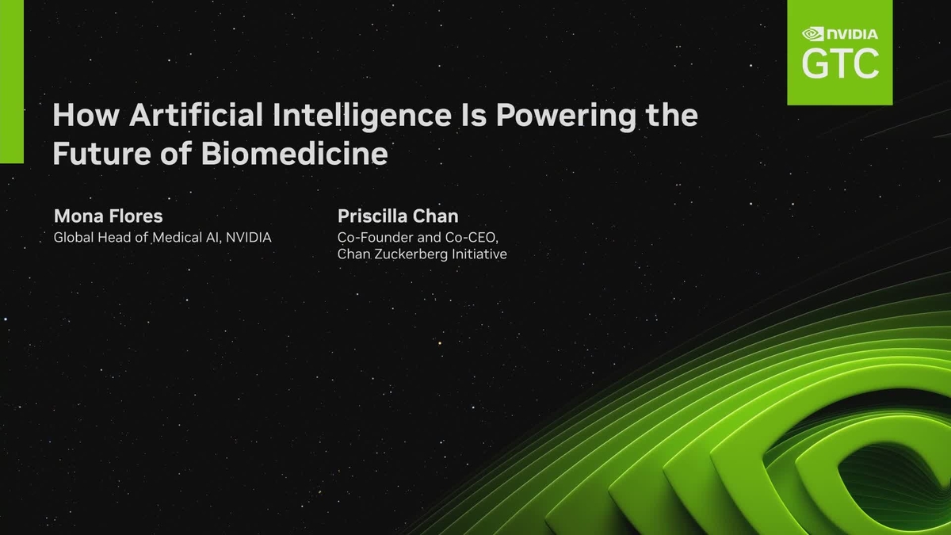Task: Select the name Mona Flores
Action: click(x=108, y=216)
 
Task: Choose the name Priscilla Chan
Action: click(x=398, y=216)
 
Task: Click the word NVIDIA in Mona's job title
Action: click(x=248, y=237)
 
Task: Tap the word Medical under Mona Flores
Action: click(x=178, y=237)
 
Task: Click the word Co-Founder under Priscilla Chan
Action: click(x=372, y=237)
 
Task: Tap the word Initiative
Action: click(x=479, y=254)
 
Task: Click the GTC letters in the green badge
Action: click(x=840, y=63)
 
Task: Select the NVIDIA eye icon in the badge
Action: click(x=813, y=34)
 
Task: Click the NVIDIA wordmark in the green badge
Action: click(x=853, y=34)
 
